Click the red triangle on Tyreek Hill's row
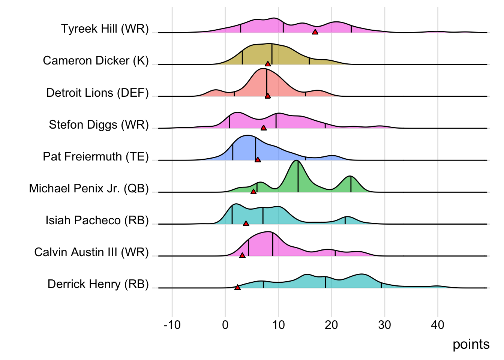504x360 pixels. tap(315, 32)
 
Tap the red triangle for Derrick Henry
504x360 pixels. tap(237, 287)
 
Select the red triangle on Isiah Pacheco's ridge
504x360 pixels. tap(246, 223)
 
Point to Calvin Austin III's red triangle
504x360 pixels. tap(242, 255)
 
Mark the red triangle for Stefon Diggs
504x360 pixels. tap(264, 128)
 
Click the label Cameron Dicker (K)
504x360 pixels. tap(96, 60)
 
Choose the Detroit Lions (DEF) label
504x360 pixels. tap(97, 93)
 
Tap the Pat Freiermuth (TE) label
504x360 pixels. tap(96, 156)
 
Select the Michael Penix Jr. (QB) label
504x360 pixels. tap(89, 188)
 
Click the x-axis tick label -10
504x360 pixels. tap(172, 324)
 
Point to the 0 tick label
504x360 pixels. tap(225, 324)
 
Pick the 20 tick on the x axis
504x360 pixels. tap(331, 324)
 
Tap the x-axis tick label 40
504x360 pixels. tap(438, 324)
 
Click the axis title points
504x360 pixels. tap(471, 344)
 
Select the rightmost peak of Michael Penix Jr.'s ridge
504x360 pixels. tap(350, 176)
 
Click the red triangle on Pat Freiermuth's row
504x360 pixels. tap(258, 160)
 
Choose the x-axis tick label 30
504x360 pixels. tap(385, 324)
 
